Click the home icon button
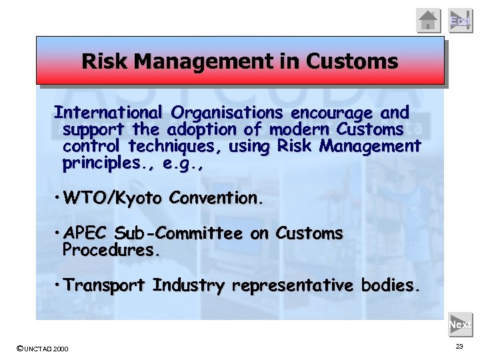(429, 21)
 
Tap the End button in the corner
(461, 21)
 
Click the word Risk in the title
(105, 62)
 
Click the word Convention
(216, 198)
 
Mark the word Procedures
(111, 251)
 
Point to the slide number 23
(459, 347)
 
